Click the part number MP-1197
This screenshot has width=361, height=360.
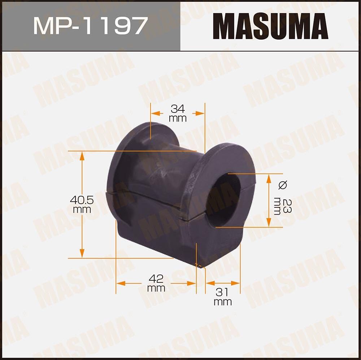(x=90, y=26)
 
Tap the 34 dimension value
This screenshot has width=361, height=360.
(x=178, y=108)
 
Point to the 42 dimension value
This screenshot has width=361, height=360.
(x=156, y=278)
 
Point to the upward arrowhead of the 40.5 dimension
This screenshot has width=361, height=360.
(x=82, y=155)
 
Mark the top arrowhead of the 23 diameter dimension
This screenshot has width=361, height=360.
(x=269, y=178)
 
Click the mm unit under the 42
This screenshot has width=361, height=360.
(x=156, y=288)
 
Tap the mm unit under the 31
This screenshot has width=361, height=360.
(x=222, y=302)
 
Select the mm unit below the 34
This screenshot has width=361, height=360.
(x=178, y=118)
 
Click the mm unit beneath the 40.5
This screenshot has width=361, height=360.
(x=82, y=210)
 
